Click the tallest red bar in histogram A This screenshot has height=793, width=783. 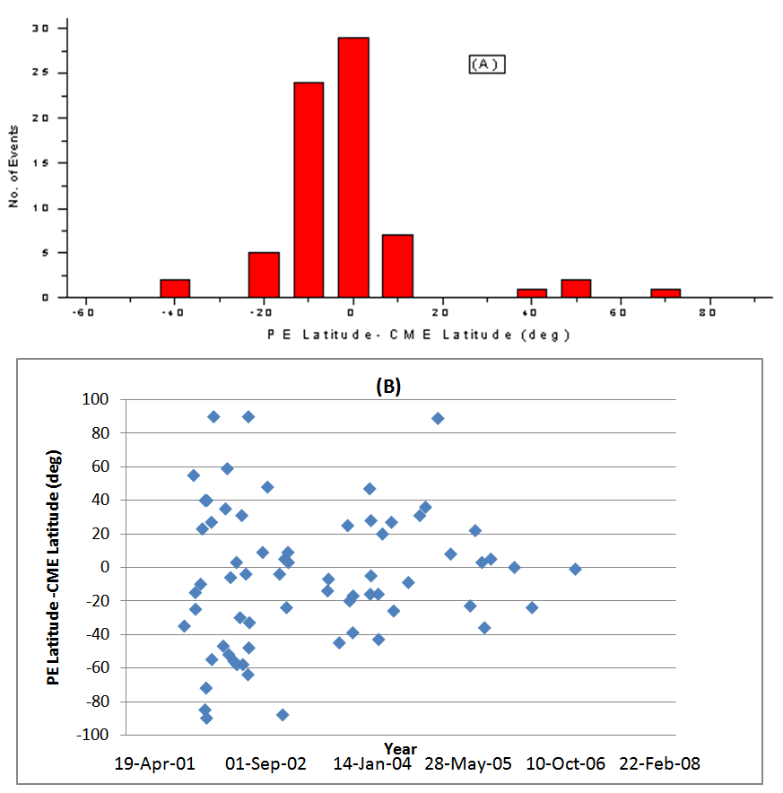pos(353,167)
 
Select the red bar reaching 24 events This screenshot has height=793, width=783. pos(309,189)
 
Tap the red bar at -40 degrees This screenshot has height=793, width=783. pos(175,288)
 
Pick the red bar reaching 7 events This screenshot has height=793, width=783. pos(397,266)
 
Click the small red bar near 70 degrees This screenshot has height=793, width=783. pos(666,292)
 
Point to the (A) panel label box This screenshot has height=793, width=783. pos(487,64)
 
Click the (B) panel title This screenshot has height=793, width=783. pos(387,386)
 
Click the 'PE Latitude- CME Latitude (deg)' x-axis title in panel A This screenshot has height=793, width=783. pos(419,335)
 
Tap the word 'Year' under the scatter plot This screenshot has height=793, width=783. pos(400,748)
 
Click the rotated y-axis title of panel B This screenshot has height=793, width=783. pos(53,566)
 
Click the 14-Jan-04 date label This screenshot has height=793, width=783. pos(372,764)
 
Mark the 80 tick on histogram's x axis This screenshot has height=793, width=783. pos(708,312)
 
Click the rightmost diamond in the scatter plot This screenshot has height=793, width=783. pos(575,569)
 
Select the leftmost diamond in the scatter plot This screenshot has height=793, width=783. pos(184,626)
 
